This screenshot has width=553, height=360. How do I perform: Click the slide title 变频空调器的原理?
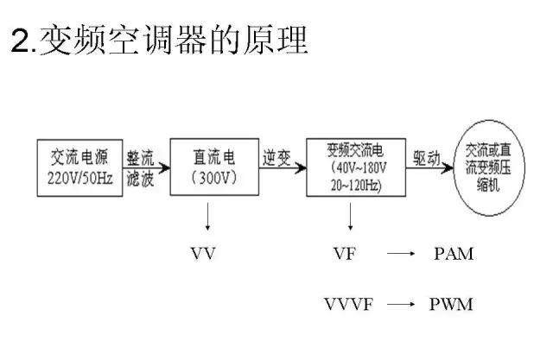(x=160, y=41)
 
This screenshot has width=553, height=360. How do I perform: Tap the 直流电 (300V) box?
(x=213, y=166)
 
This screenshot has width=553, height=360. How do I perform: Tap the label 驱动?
(x=428, y=157)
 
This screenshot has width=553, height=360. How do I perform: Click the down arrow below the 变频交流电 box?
(x=351, y=217)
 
